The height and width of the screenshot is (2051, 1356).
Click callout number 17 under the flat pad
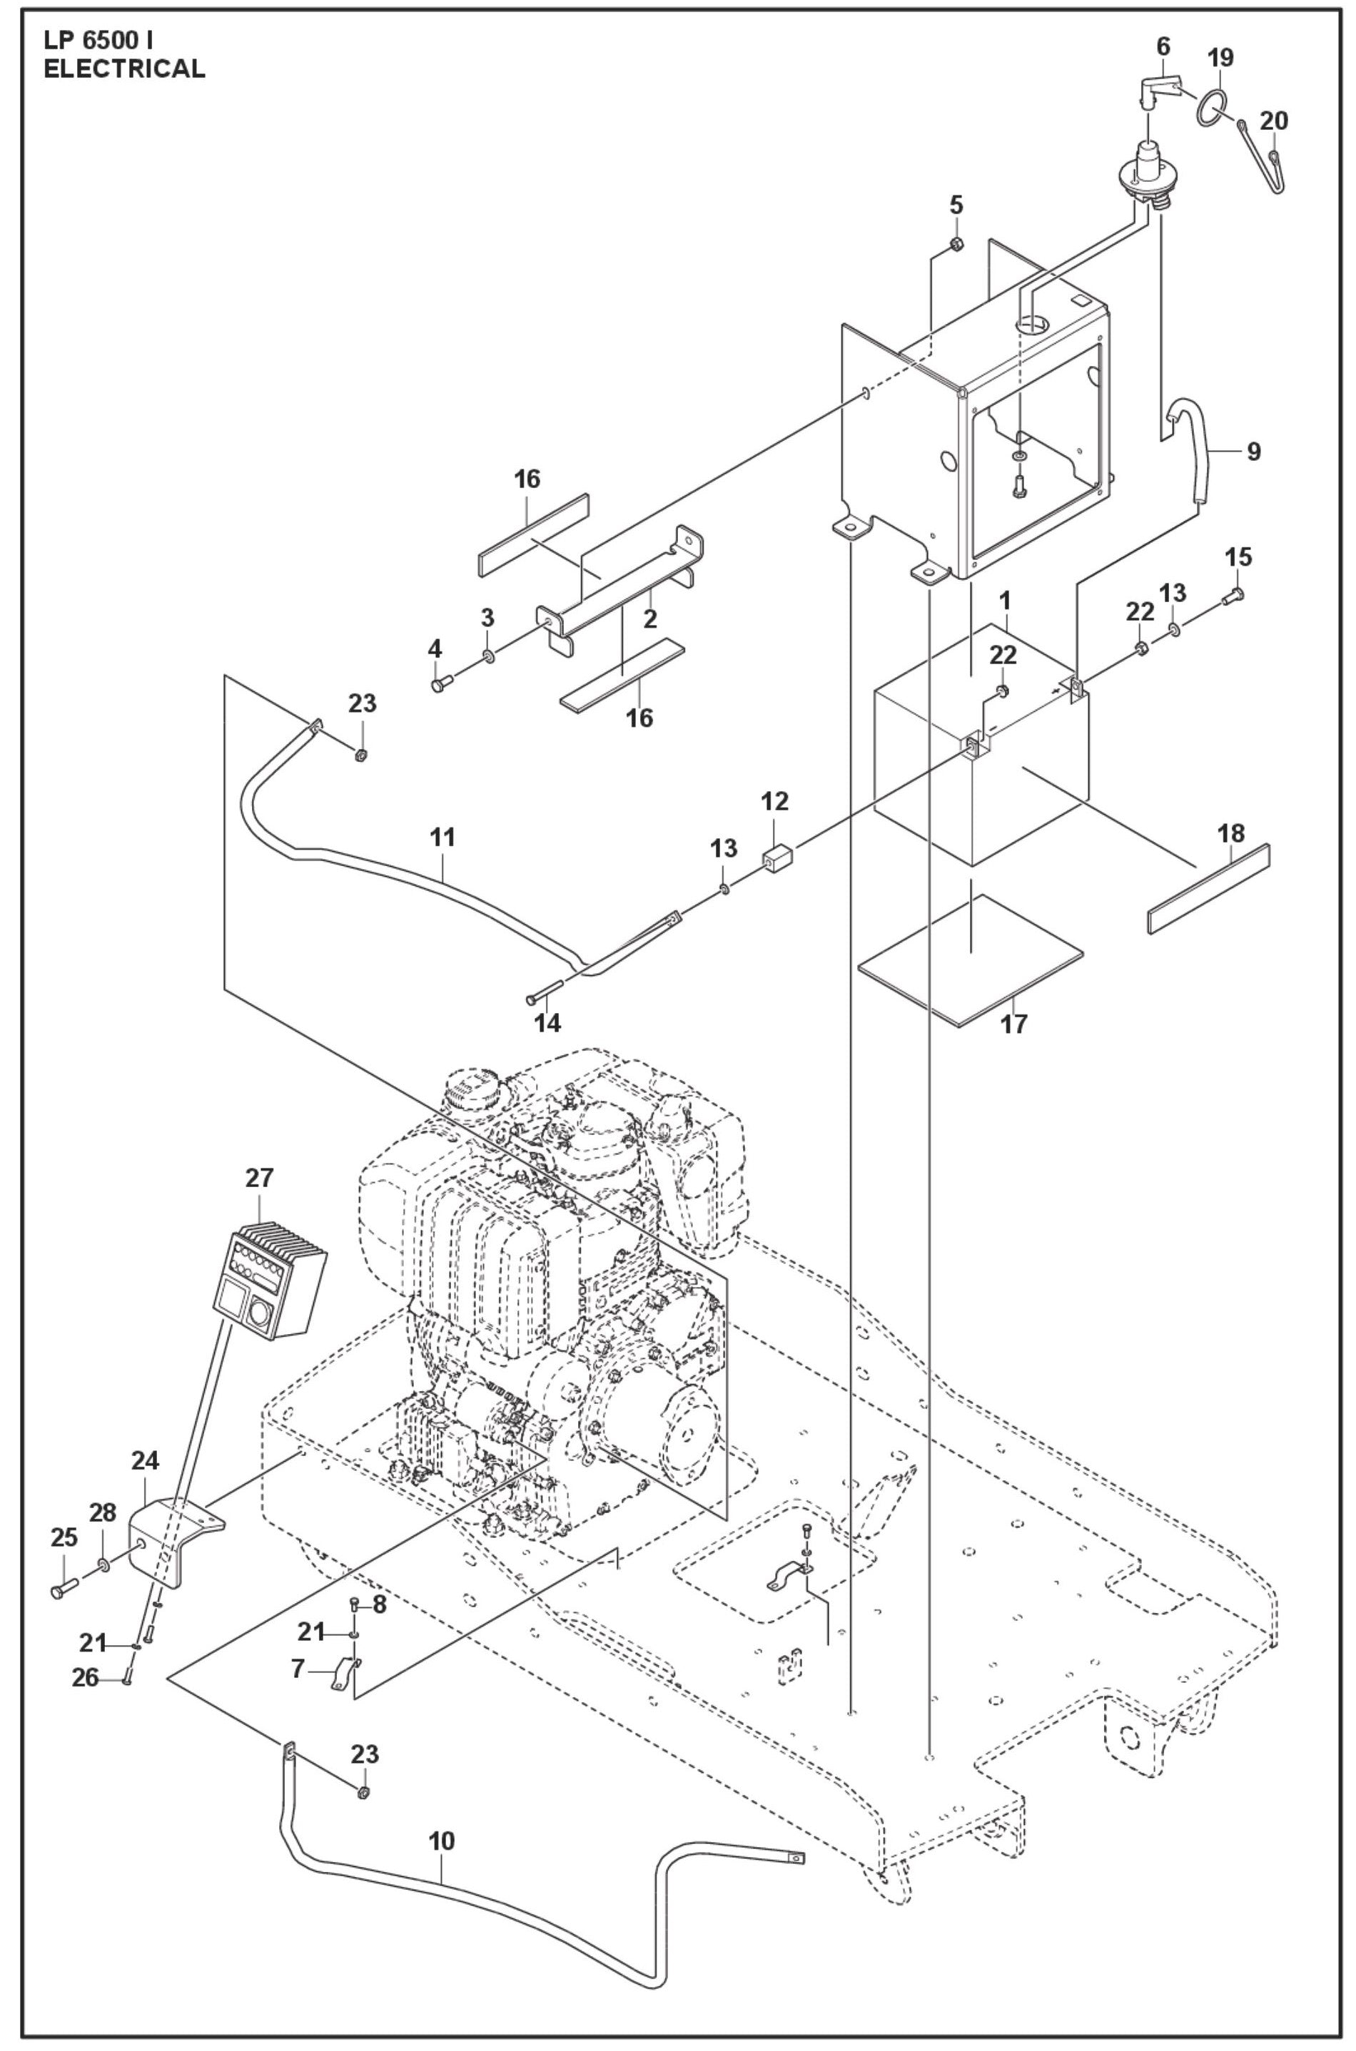pyautogui.click(x=1013, y=1024)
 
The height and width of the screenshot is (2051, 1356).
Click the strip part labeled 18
pyautogui.click(x=1208, y=888)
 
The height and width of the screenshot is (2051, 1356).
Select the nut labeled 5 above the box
pyautogui.click(x=956, y=245)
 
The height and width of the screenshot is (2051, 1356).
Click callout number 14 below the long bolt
pyautogui.click(x=547, y=1023)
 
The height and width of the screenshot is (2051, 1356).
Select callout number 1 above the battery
pyautogui.click(x=1005, y=598)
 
